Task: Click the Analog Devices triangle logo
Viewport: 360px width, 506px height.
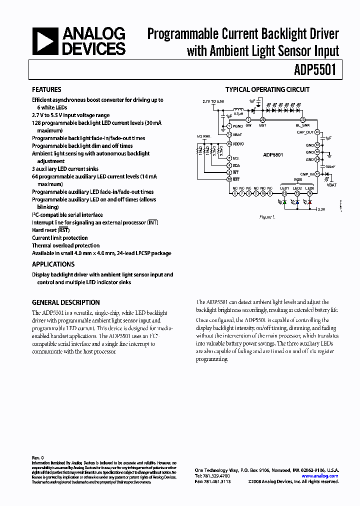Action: point(44,41)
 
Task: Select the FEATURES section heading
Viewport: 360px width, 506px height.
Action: point(46,90)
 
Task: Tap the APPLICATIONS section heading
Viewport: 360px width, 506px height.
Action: point(53,264)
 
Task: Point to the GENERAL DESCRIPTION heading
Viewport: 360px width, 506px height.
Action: point(65,302)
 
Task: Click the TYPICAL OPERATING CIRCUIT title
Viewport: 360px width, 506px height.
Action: point(267,90)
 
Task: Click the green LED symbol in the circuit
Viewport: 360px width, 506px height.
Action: point(285,203)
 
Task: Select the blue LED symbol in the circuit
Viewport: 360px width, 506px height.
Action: point(297,203)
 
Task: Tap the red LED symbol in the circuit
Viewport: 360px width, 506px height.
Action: point(310,203)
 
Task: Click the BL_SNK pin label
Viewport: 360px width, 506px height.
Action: point(303,126)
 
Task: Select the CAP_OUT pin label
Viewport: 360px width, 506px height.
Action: point(305,132)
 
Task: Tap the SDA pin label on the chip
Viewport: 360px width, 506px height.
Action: point(236,165)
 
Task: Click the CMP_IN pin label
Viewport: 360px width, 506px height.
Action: point(307,174)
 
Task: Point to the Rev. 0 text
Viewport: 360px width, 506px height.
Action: point(38,457)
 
